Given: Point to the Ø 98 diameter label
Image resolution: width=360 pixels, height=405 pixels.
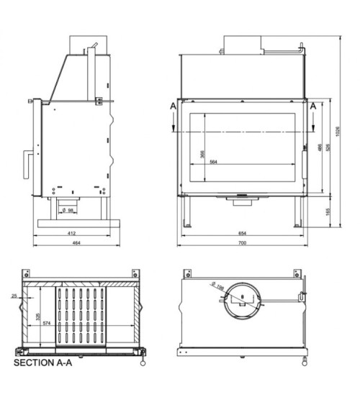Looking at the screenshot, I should point(70,209).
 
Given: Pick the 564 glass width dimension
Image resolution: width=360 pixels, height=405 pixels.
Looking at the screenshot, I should point(214,162).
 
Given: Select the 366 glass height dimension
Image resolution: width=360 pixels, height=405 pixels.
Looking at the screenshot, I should point(202,154).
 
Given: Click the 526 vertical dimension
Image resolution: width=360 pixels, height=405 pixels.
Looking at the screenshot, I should point(328,147).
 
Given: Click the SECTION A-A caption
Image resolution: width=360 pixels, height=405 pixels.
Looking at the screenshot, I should point(43,363).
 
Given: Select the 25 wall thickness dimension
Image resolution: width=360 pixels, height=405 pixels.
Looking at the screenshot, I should point(14,296).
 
